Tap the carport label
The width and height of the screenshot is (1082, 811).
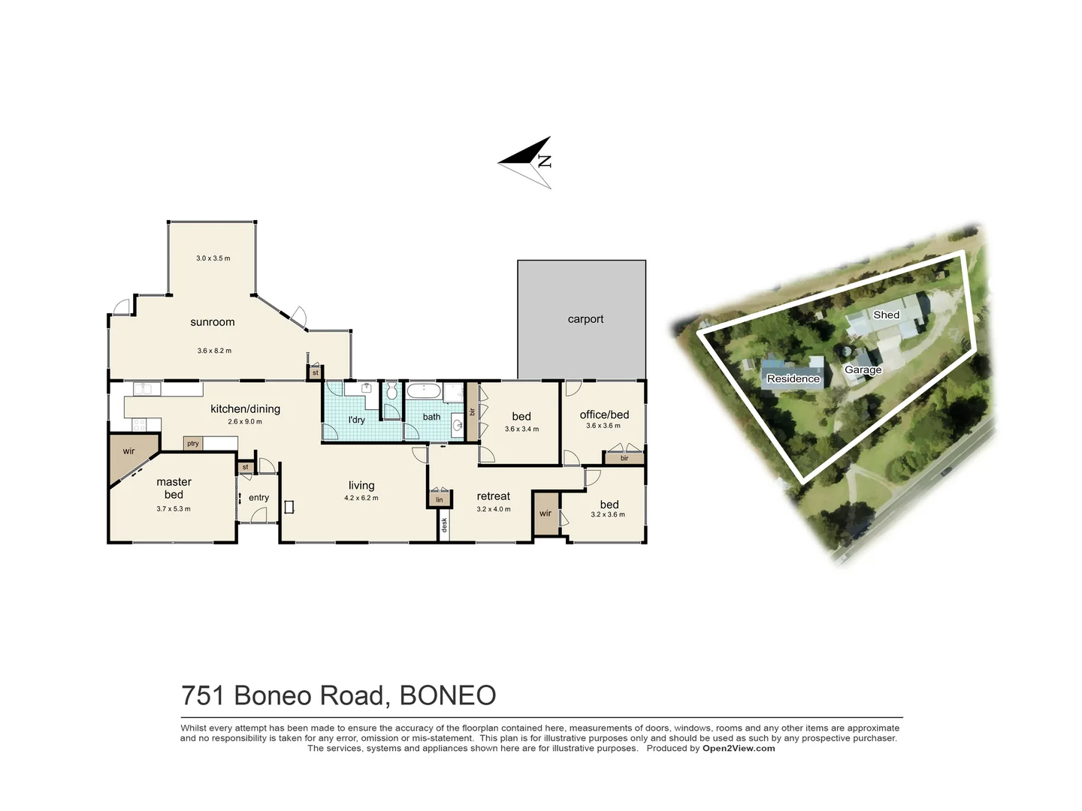point(585,319)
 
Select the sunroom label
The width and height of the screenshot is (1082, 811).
point(212,322)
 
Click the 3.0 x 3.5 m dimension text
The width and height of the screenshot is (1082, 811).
point(213,258)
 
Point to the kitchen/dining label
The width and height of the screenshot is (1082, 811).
point(245,409)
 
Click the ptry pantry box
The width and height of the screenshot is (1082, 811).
point(193,444)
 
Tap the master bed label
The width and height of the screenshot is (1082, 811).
point(174,488)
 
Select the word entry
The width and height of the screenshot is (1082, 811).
point(258,498)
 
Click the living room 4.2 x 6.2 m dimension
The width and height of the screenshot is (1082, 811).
point(361,498)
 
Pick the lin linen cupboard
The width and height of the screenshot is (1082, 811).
point(440,499)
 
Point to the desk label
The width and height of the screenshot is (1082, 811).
point(444,525)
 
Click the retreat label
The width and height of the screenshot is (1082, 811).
point(493,496)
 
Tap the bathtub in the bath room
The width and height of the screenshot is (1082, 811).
point(424,391)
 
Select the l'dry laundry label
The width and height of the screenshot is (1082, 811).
point(356,420)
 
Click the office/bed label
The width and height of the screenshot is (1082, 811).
point(604,415)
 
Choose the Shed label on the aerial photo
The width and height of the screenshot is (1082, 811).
point(886,315)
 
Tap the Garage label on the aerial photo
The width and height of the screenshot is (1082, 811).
point(863,369)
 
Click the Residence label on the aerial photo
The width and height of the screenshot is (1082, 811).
point(793,378)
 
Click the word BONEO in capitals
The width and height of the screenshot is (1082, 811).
point(448,695)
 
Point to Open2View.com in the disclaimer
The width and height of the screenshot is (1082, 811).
point(739,748)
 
